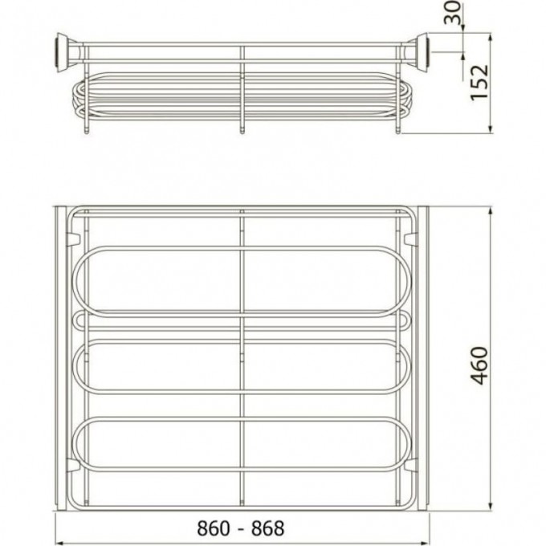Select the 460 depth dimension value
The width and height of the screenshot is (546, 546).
click(479, 365)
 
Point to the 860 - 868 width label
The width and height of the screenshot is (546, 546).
click(230, 528)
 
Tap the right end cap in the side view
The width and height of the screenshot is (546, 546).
click(420, 50)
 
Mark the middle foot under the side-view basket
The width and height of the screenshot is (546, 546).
click(242, 127)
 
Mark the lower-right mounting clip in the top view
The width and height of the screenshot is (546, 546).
click(412, 466)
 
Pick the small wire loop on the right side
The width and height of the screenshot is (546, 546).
click(405, 321)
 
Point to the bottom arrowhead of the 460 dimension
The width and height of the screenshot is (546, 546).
click(491, 511)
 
